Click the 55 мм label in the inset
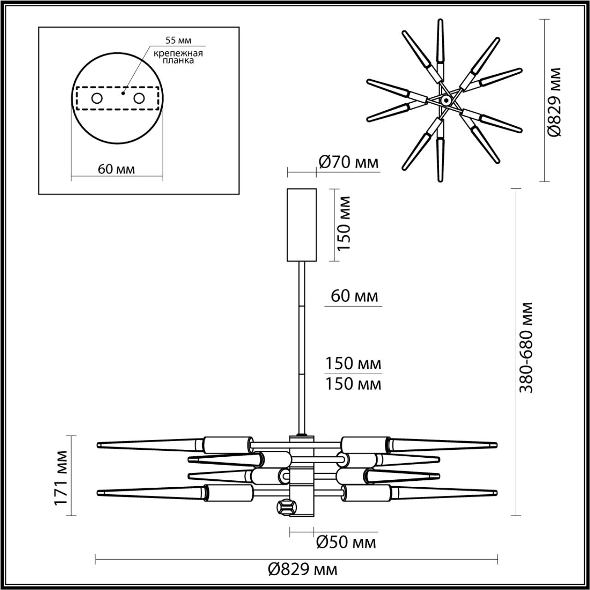[x=178, y=41]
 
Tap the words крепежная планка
[x=178, y=57]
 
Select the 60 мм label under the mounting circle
[x=117, y=169]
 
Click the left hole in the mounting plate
[x=97, y=98]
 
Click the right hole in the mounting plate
[x=139, y=98]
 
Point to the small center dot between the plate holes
[x=123, y=93]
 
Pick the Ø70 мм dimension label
[x=348, y=162]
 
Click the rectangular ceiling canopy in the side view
[x=301, y=224]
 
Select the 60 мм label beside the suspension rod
[x=354, y=296]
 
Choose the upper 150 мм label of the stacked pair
[x=354, y=364]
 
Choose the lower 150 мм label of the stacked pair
[x=354, y=383]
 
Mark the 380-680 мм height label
[x=526, y=348]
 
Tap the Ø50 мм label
[x=346, y=543]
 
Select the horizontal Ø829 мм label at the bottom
[x=302, y=569]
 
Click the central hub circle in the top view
[x=445, y=100]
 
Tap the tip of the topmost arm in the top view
[x=441, y=21]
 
